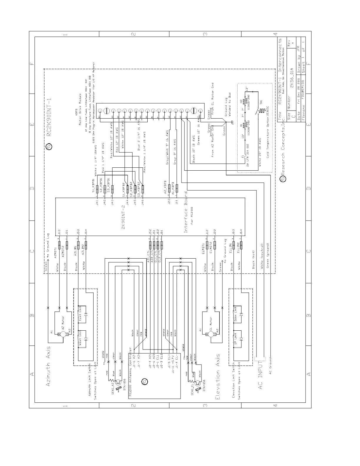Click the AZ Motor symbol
(62, 334)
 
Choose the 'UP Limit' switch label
(235, 339)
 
